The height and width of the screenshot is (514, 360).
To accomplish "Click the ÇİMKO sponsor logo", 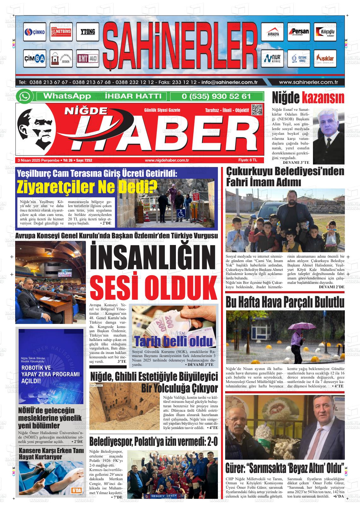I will pyautogui.click(x=35, y=32).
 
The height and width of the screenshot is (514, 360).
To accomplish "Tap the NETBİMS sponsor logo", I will pyautogui.click(x=61, y=32).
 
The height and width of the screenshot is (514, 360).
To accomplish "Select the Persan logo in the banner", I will pyautogui.click(x=298, y=32).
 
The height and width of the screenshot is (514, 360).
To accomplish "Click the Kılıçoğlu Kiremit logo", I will pyautogui.click(x=325, y=32).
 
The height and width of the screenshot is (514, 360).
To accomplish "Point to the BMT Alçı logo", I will pyautogui.click(x=87, y=59).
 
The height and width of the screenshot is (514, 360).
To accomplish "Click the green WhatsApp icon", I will pyautogui.click(x=24, y=96).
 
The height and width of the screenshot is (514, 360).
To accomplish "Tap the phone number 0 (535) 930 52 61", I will pyautogui.click(x=216, y=96).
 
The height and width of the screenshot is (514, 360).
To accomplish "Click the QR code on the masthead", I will pyautogui.click(x=256, y=110).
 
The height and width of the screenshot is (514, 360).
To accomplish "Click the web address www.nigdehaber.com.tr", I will pyautogui.click(x=167, y=160).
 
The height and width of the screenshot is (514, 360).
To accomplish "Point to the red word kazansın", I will pyautogui.click(x=323, y=98).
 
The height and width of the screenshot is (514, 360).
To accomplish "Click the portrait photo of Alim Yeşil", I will pyautogui.click(x=328, y=134).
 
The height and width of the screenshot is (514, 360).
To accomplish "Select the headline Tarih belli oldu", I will pyautogui.click(x=173, y=341).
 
